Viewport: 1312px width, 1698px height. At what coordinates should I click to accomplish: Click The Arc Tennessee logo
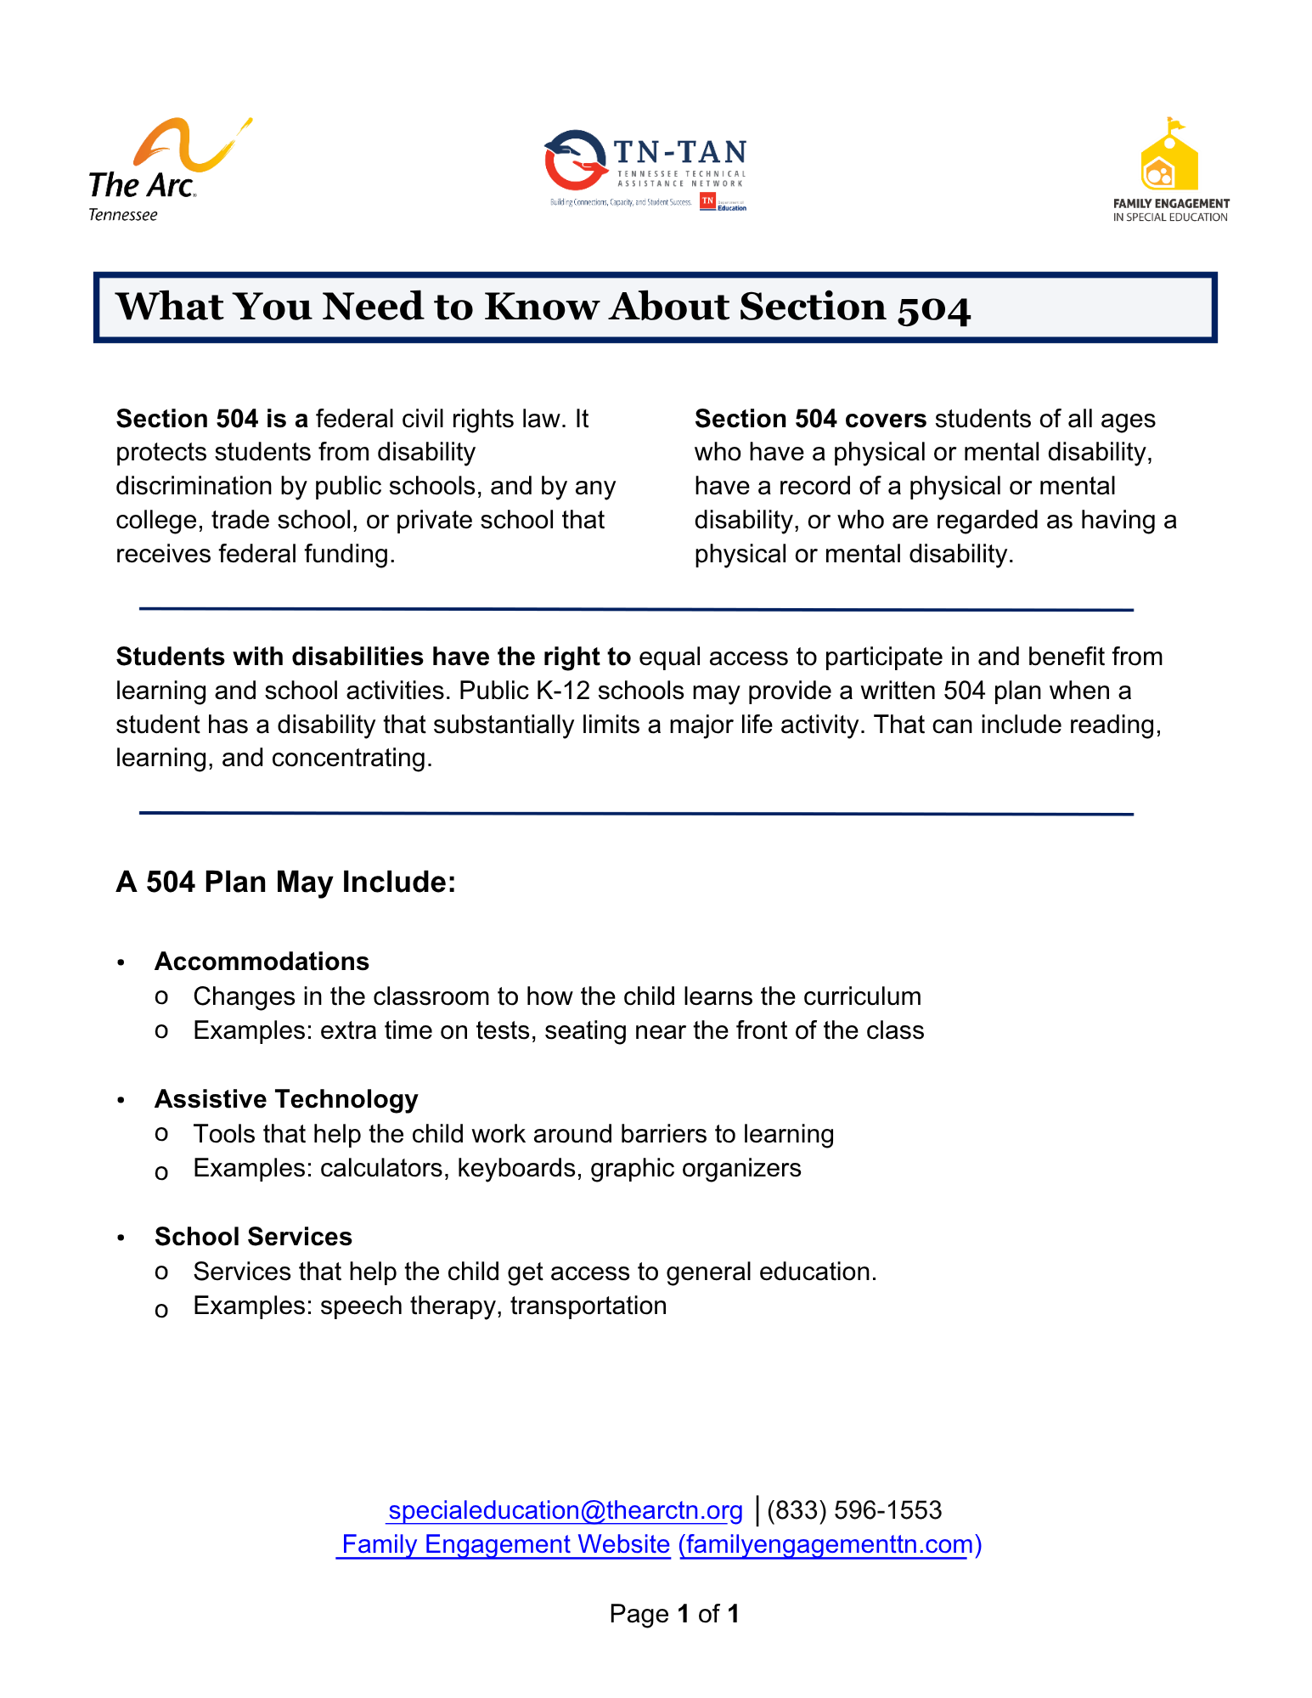[x=161, y=170]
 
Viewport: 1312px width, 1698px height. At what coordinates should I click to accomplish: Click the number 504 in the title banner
[x=934, y=307]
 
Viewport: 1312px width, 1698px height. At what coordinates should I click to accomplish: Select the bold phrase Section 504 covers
[x=810, y=419]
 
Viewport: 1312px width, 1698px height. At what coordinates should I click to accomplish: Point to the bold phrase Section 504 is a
[x=211, y=419]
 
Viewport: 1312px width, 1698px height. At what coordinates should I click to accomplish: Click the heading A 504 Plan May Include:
[x=286, y=882]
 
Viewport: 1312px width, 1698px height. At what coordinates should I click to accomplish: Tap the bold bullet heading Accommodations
[x=262, y=962]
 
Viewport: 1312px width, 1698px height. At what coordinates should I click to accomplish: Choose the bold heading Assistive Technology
[x=286, y=1099]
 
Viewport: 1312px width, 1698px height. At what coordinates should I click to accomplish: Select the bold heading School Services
[x=253, y=1237]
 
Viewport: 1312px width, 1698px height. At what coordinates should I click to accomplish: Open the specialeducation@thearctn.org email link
[x=565, y=1510]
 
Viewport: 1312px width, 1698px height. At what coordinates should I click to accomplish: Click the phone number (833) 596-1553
[x=854, y=1510]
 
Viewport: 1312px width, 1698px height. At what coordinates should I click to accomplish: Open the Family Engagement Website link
[x=505, y=1544]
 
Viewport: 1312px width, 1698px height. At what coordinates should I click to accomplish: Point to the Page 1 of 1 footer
[x=674, y=1614]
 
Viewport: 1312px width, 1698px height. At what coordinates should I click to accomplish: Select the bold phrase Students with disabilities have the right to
[x=373, y=657]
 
